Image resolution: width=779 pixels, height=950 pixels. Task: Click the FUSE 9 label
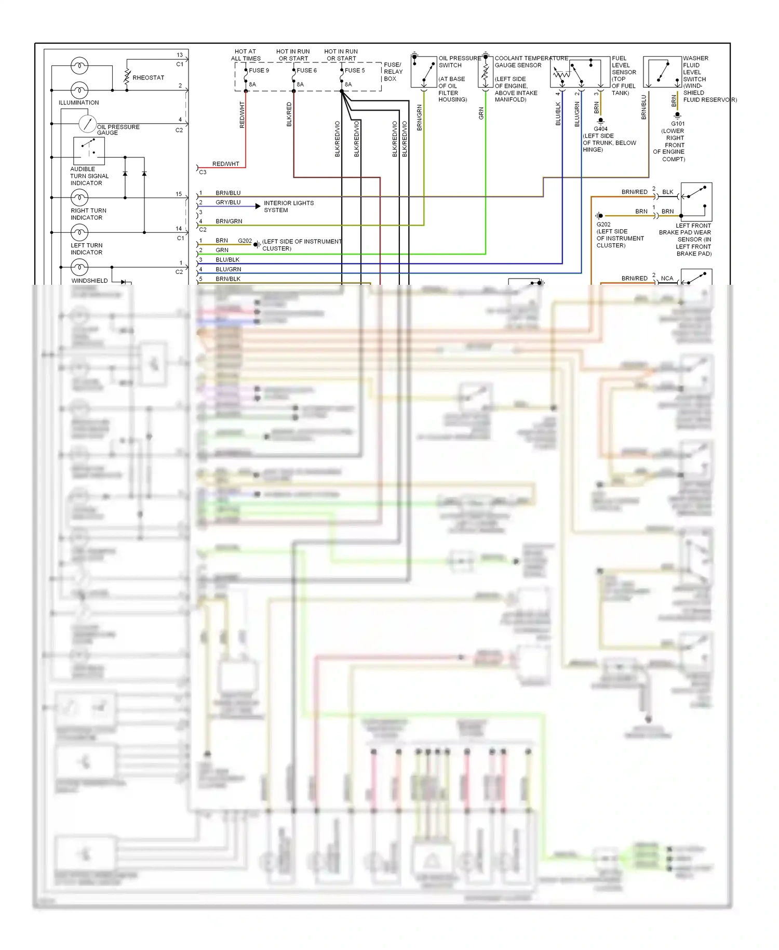coord(259,71)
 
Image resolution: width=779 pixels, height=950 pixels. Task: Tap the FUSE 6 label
coord(306,71)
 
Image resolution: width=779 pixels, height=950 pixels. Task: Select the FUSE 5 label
coord(355,71)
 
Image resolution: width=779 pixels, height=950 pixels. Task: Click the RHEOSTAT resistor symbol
coord(127,77)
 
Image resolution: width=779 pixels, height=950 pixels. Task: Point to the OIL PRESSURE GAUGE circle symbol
coord(87,124)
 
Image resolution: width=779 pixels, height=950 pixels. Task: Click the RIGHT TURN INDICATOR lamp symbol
coord(79,197)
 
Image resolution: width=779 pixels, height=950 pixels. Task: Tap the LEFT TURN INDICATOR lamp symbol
coord(79,232)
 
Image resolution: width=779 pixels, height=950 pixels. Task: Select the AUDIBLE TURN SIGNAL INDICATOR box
coord(89,151)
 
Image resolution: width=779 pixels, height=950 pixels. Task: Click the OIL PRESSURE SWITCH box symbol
coord(424,72)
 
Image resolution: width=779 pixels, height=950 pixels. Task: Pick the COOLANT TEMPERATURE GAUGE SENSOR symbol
coord(485,72)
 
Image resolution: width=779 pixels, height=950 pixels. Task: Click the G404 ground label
coord(600,129)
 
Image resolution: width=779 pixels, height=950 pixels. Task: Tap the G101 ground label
coord(678,124)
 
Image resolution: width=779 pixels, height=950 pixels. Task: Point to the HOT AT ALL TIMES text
coord(246,55)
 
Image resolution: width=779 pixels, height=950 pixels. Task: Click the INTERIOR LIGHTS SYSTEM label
coord(288,206)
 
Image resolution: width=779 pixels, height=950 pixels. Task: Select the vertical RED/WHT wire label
coord(242,115)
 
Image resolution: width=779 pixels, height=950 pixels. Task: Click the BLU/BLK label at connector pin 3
coord(227,260)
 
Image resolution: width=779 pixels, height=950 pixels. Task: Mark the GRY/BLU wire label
coord(228,203)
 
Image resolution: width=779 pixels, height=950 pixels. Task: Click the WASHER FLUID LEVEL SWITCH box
coord(662,72)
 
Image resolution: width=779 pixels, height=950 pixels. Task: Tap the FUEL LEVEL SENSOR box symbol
coord(580,72)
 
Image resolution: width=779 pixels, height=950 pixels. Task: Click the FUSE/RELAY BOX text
coord(393,72)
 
